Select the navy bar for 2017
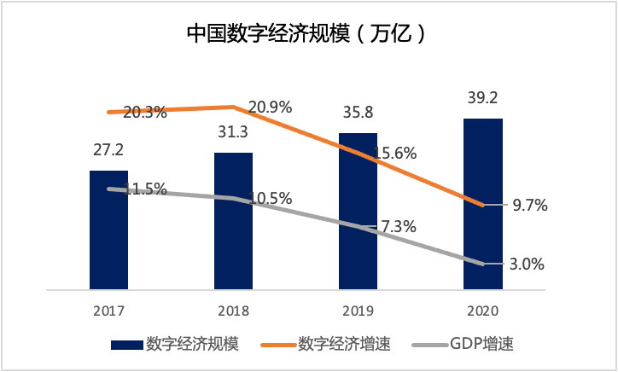point(108,239)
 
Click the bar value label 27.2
point(108,150)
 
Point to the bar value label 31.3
point(232,132)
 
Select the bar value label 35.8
point(358,113)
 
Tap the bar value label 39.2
point(482,98)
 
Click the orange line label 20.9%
point(270,108)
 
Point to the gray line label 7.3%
point(397,227)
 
